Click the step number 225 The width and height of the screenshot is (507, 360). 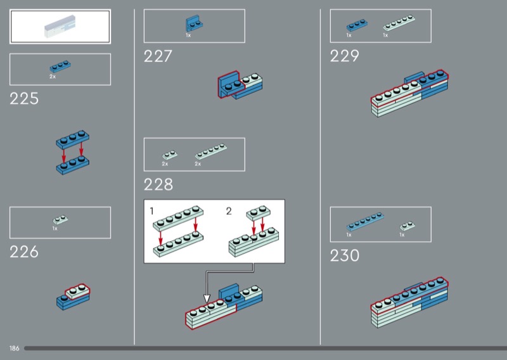(24, 98)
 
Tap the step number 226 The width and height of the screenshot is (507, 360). (24, 252)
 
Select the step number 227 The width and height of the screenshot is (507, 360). (158, 56)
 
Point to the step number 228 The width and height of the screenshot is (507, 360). (158, 184)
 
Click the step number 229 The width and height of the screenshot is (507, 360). (344, 56)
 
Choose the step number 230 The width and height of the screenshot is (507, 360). (345, 255)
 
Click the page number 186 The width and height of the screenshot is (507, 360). (14, 349)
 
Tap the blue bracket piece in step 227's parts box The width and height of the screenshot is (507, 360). (194, 23)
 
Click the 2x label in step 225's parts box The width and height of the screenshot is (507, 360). (53, 77)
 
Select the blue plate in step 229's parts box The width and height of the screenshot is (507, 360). (357, 25)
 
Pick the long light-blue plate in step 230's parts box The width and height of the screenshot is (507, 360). (365, 221)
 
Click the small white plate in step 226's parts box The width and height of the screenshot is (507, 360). (60, 220)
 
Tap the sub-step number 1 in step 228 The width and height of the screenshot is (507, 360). (151, 211)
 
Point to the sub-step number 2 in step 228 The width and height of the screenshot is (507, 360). (229, 211)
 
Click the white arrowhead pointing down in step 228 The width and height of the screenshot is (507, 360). (207, 299)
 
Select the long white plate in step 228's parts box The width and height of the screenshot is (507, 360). (211, 151)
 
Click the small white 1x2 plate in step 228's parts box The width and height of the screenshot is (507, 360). (170, 155)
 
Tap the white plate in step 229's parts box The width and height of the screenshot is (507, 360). (399, 23)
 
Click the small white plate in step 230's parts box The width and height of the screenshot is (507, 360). (408, 226)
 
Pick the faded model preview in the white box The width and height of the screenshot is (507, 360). (60, 27)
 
